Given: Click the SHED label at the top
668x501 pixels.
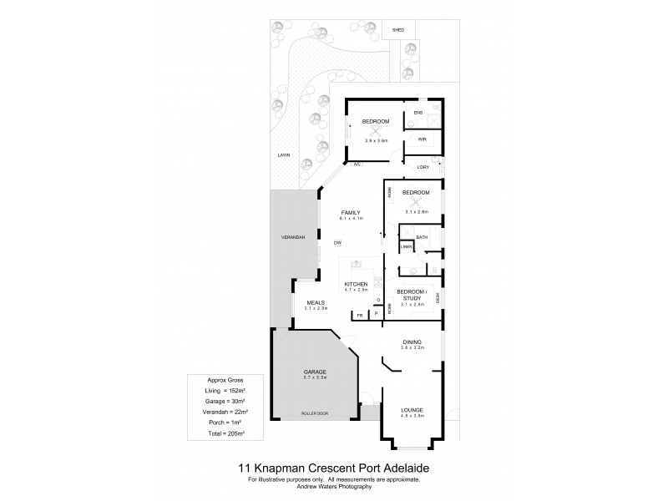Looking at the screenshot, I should coord(398,30).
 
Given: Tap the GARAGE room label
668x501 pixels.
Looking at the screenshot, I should coord(314,372).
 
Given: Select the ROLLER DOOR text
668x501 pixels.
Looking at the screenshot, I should coord(314,414).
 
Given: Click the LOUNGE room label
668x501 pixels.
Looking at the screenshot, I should coord(412,410).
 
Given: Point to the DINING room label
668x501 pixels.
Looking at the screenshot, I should coord(412,341).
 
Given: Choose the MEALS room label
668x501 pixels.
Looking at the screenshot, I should coord(315,302).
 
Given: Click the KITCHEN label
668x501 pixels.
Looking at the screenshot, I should coord(357,284).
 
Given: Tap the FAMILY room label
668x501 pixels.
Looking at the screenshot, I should coord(350,212).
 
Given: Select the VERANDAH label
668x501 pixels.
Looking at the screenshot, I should coord(293,238).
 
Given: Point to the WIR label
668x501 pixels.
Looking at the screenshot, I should coord(423,139).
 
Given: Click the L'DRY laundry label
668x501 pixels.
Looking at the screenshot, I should coord(423,168).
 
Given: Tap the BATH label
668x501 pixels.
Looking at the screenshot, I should coord(423,237).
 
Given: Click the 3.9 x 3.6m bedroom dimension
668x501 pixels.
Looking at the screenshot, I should coord(376,140).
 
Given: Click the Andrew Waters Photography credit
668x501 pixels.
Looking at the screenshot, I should coord(334,487).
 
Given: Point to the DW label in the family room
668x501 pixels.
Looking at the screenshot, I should coord(337,243).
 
